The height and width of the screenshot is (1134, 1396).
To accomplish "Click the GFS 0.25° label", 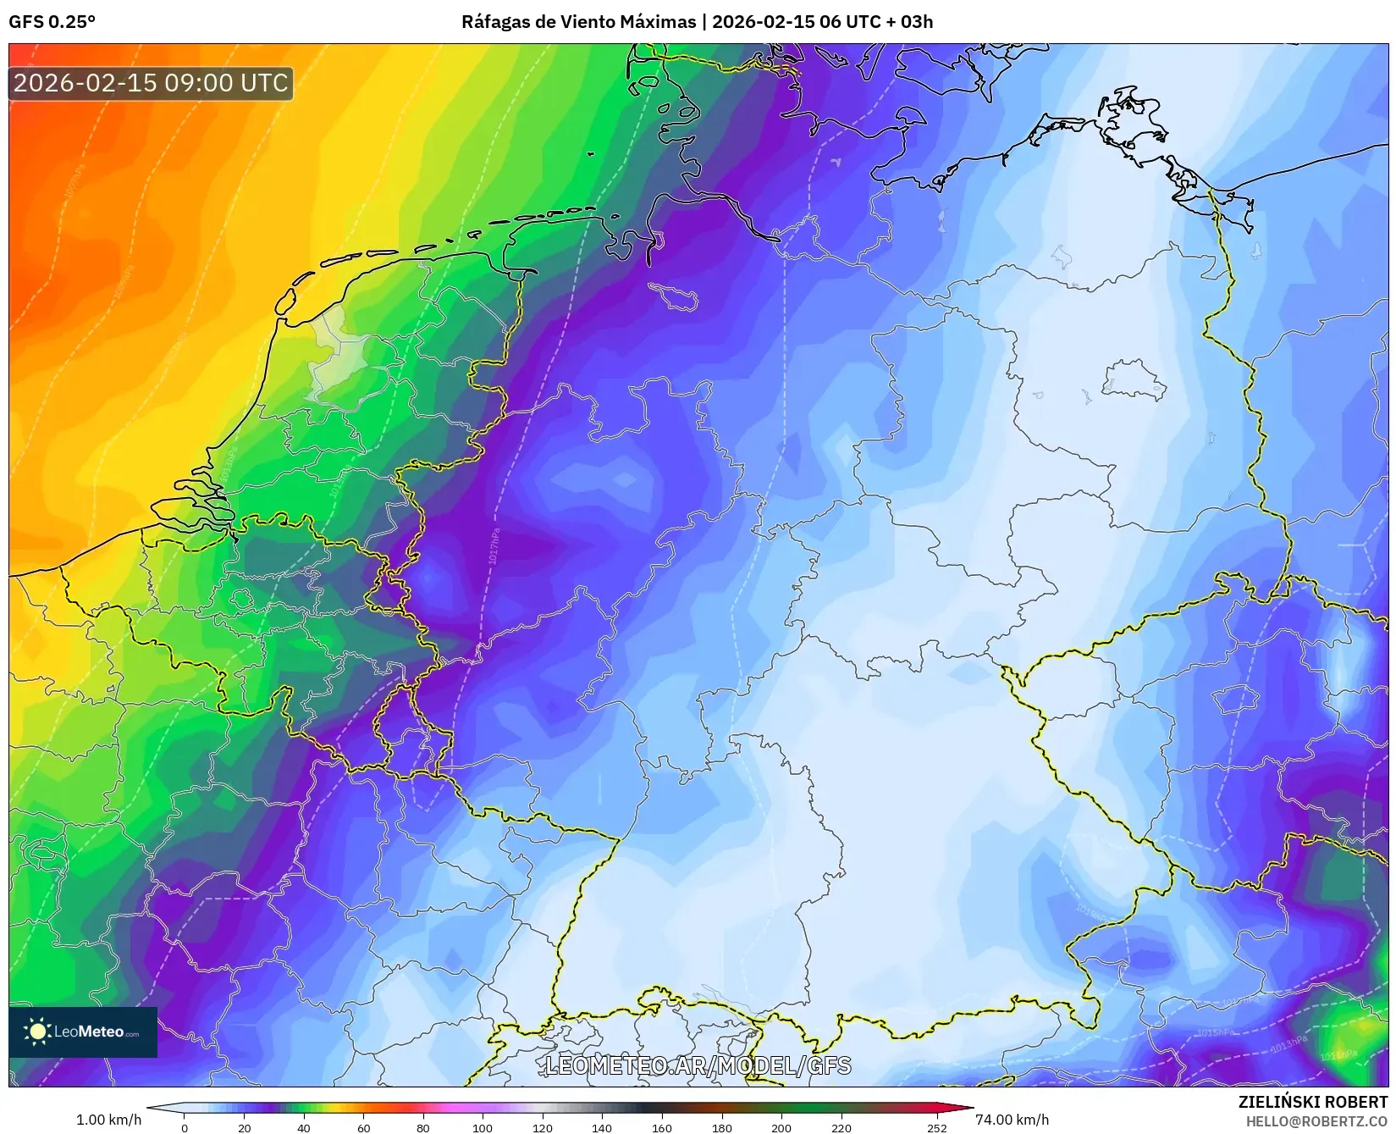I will click(52, 22).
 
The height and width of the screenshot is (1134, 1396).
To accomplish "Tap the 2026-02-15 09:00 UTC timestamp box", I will click(151, 83).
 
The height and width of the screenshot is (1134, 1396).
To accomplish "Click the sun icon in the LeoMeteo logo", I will click(37, 1032).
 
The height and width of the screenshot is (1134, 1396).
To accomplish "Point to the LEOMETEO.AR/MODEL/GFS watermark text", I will click(698, 1065).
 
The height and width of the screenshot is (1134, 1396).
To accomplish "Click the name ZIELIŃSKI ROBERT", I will click(1312, 1102).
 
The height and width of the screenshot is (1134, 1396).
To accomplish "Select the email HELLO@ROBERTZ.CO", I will click(1316, 1121).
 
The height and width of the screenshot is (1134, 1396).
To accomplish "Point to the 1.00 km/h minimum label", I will click(108, 1120).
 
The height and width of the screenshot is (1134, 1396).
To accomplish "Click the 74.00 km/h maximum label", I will click(1012, 1120).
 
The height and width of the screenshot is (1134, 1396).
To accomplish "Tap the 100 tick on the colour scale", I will click(483, 1127).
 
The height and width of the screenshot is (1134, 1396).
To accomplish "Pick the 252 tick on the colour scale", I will click(936, 1127).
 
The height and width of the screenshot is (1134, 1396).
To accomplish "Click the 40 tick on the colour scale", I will click(304, 1127).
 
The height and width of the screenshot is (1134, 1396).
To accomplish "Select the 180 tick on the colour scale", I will click(721, 1127).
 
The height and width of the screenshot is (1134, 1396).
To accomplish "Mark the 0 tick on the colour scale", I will click(185, 1127).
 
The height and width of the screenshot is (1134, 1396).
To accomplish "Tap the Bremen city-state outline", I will click(674, 297).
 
